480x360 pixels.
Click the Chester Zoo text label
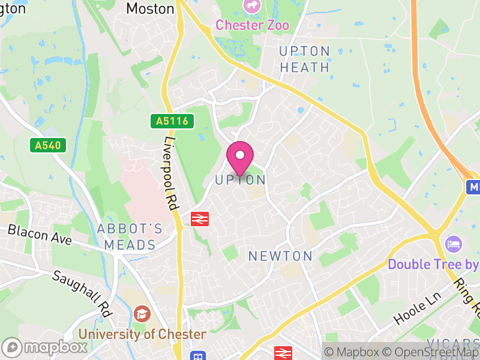[252, 25]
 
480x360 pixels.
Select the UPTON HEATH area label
[305, 59]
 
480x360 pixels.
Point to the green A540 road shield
[47, 145]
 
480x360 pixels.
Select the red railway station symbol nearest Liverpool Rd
[199, 219]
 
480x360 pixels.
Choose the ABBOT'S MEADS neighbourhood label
[130, 236]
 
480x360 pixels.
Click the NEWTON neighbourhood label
[280, 256]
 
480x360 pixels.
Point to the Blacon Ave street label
[40, 234]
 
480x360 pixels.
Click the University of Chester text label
[142, 334]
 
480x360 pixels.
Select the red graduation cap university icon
[142, 314]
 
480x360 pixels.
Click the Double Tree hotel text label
[433, 264]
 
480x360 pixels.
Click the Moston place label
[150, 8]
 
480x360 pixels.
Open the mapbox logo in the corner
[44, 347]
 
